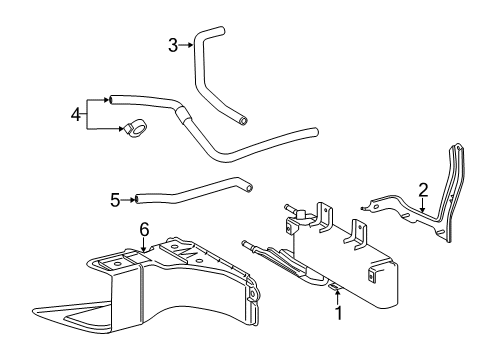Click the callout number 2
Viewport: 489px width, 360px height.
(x=423, y=188)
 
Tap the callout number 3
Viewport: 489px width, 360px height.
(x=172, y=44)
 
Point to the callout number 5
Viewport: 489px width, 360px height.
(x=115, y=200)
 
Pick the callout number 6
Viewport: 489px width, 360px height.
(x=144, y=229)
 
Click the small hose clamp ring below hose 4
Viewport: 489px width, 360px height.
(x=134, y=127)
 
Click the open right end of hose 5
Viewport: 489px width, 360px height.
(x=249, y=186)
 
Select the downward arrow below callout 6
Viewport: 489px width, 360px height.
(x=144, y=246)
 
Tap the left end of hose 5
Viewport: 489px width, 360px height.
(x=140, y=200)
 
